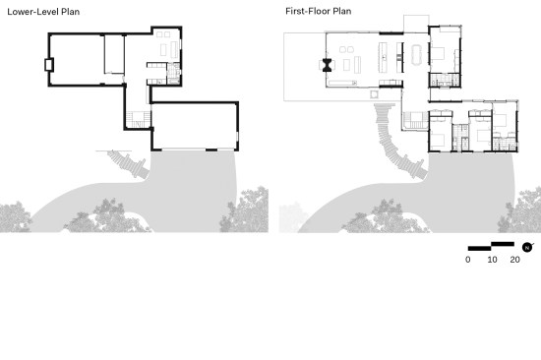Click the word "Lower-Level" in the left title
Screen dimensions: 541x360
click(32, 12)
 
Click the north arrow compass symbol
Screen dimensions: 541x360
click(527, 247)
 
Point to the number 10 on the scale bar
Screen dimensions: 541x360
click(492, 260)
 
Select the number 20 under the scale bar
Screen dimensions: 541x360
click(514, 260)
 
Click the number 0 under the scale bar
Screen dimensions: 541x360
click(468, 260)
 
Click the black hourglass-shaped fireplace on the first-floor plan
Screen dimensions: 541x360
click(328, 65)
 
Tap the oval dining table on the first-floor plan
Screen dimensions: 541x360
click(416, 54)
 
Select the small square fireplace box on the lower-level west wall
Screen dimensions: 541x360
click(49, 65)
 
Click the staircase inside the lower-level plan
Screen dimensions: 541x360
click(139, 119)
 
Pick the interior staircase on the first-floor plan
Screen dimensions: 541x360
click(416, 121)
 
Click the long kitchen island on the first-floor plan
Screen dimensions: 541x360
click(383, 57)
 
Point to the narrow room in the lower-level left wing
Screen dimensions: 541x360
click(114, 54)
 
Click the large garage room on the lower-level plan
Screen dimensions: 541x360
click(194, 126)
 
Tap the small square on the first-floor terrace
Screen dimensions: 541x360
click(374, 93)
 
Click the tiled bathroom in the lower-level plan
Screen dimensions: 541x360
click(173, 73)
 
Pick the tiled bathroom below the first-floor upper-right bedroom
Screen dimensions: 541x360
click(445, 80)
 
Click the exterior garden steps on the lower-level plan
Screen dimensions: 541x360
click(128, 164)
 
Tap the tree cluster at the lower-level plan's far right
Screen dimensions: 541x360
click(246, 210)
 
